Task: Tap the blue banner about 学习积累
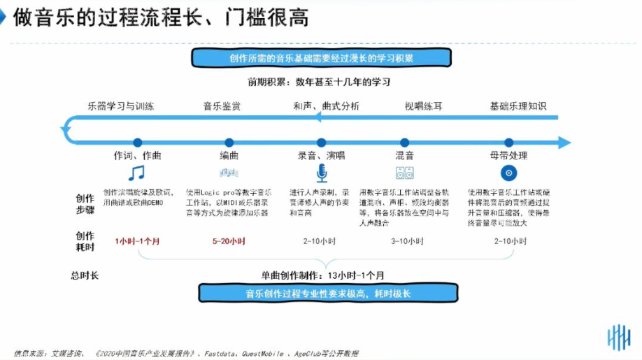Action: [x=321, y=58]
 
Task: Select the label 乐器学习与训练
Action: [x=121, y=106]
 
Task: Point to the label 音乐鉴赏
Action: [x=222, y=106]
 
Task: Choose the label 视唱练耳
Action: [x=423, y=106]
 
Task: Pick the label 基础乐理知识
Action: [x=518, y=106]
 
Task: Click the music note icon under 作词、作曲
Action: [x=136, y=173]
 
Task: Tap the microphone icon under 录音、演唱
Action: [x=321, y=173]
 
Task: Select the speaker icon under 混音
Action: [x=404, y=173]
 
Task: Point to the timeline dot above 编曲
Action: [x=229, y=143]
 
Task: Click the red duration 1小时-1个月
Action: [x=137, y=241]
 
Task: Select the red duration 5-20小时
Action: [x=229, y=241]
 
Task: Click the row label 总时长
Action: [x=85, y=275]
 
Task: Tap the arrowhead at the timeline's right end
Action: [x=564, y=143]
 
